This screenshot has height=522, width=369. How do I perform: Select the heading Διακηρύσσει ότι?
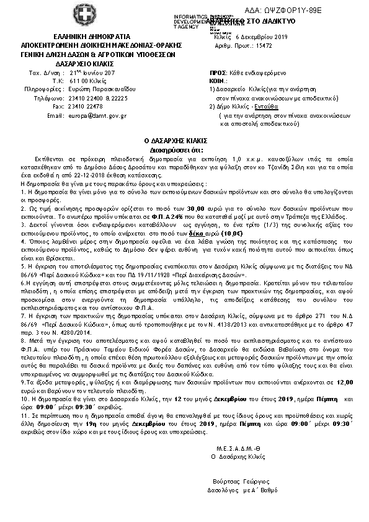click(184, 149)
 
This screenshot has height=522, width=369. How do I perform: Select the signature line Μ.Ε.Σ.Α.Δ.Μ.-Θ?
click(236, 448)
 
